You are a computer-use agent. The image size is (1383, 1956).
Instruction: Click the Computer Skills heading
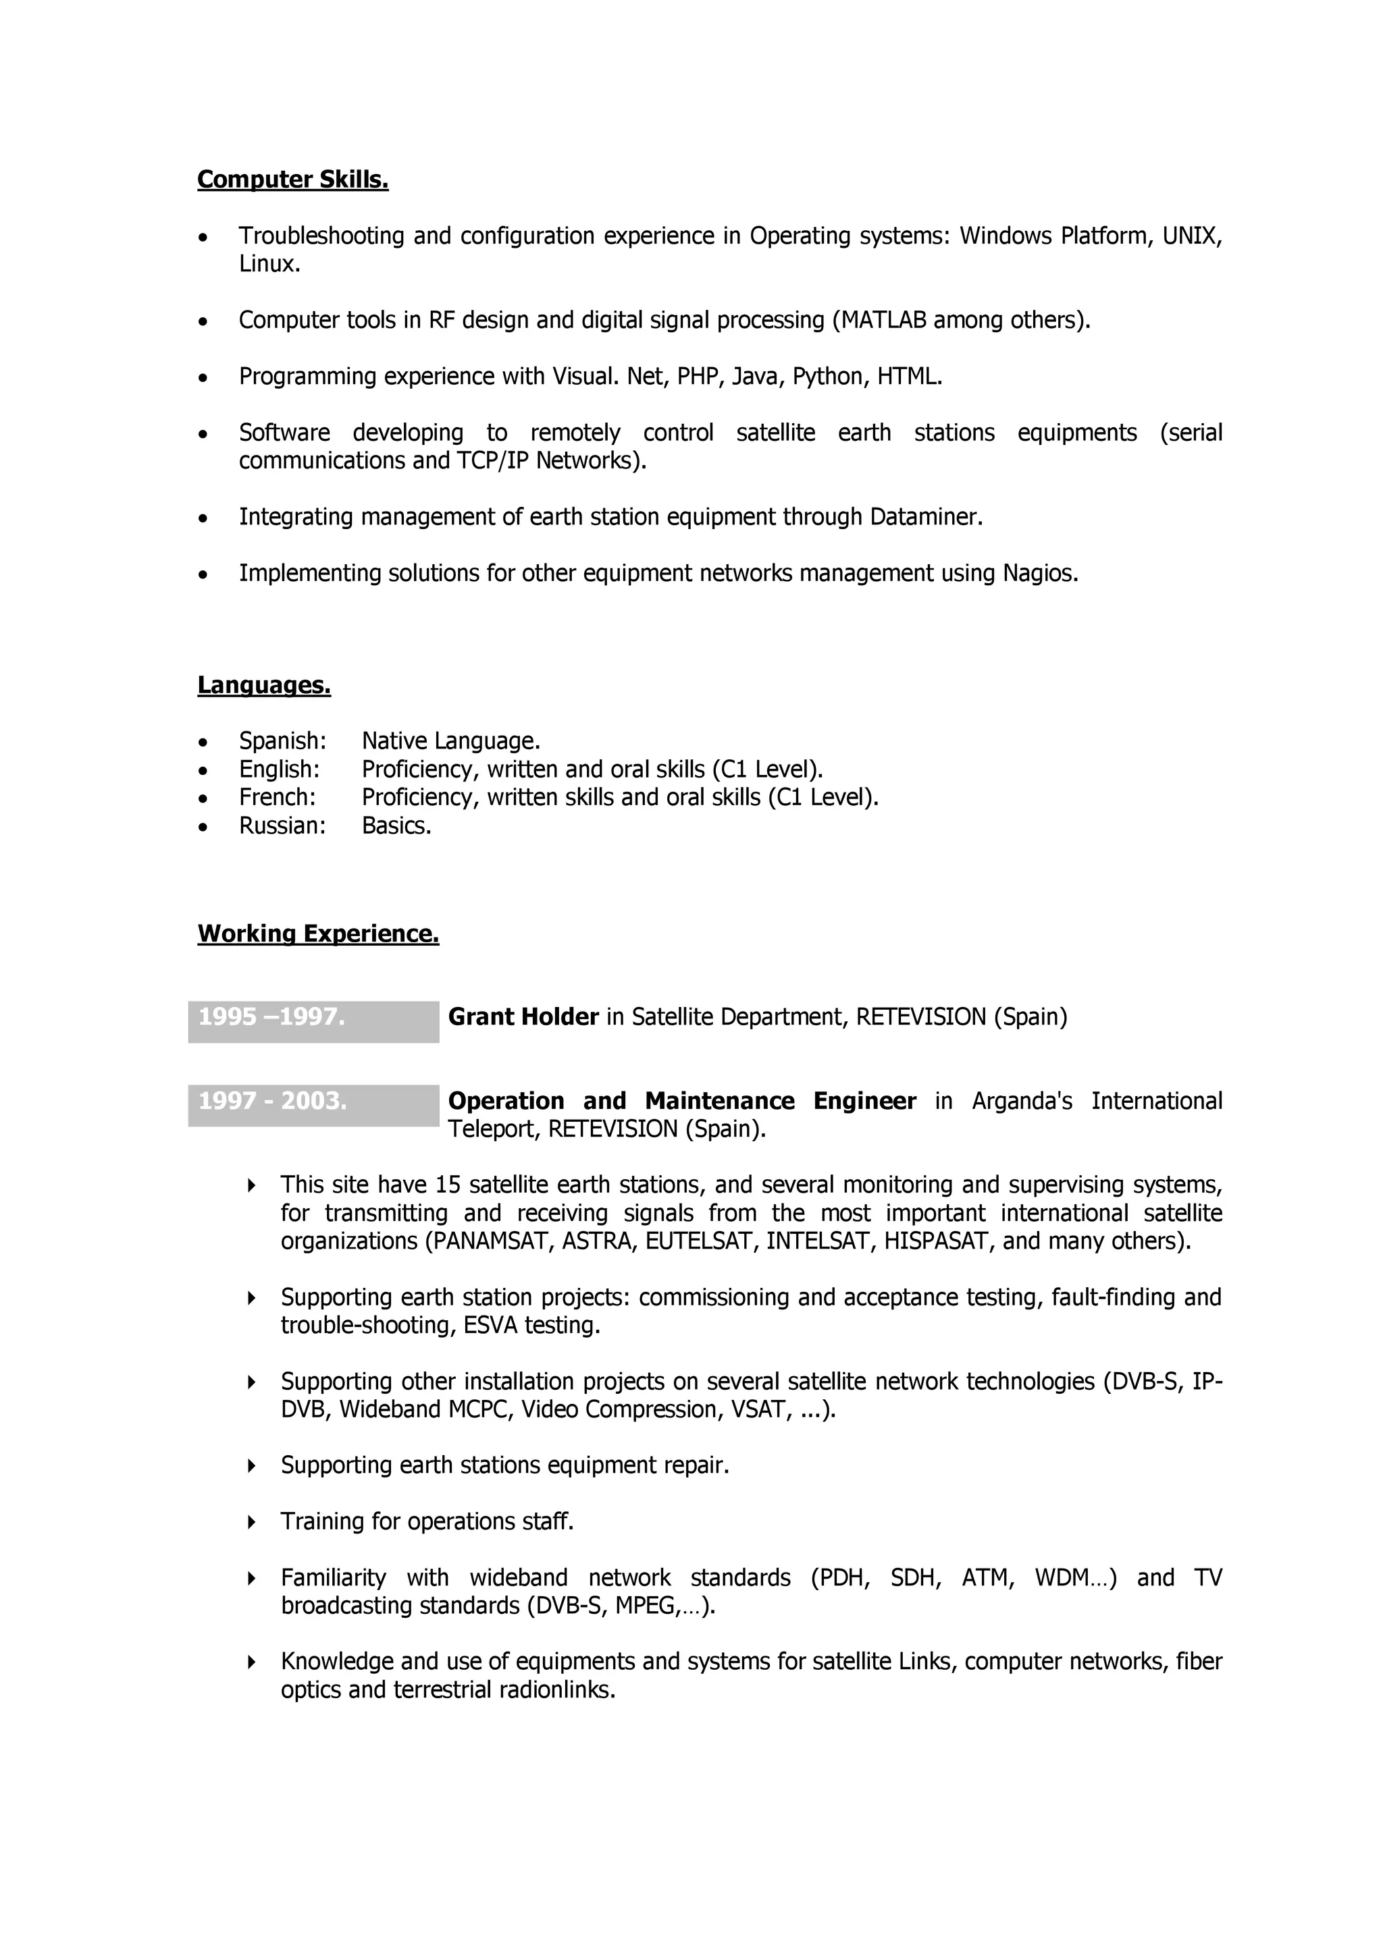tap(292, 180)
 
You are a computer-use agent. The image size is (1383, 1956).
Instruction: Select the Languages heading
tap(263, 685)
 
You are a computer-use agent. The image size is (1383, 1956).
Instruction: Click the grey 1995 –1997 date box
tap(313, 1021)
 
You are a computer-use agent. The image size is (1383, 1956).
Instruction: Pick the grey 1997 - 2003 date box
tap(313, 1105)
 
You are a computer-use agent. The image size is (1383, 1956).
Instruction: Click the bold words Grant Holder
tap(523, 1017)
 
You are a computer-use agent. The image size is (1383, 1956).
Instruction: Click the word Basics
tap(396, 825)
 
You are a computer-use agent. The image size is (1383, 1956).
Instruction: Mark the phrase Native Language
tap(451, 741)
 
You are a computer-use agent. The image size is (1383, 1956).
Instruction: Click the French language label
tap(277, 797)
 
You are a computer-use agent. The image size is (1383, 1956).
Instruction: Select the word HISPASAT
tap(938, 1241)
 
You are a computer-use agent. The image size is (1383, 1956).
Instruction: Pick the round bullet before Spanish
tap(203, 742)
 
